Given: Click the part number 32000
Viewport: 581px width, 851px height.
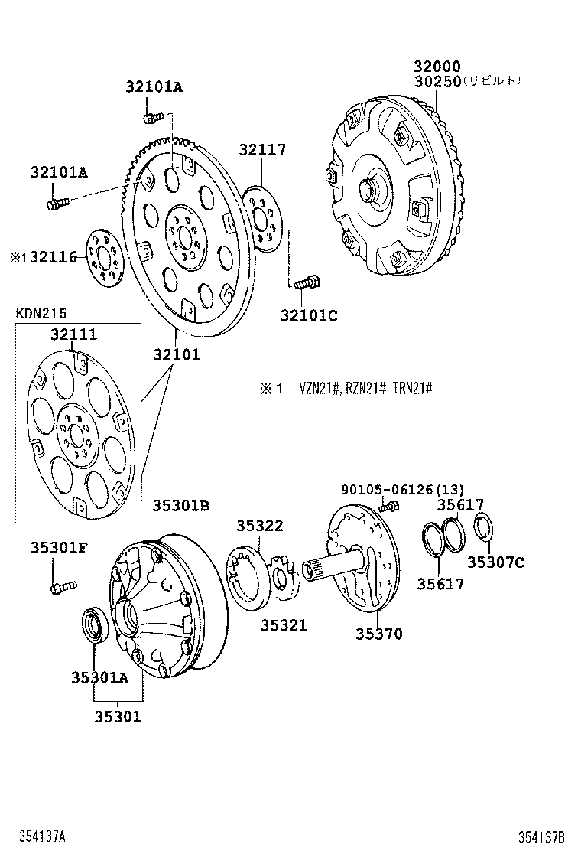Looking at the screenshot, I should (x=438, y=67).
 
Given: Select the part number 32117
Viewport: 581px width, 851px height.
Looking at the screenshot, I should (x=261, y=150).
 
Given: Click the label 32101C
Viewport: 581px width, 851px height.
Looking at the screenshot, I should (x=308, y=315).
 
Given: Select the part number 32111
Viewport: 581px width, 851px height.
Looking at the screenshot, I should (x=74, y=335).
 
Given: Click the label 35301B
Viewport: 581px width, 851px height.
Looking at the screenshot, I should (x=180, y=505).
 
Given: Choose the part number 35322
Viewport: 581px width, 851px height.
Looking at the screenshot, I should (x=259, y=526).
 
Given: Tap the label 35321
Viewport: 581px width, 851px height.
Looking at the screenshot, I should (x=283, y=625).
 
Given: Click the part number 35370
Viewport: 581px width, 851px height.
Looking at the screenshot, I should (x=378, y=634).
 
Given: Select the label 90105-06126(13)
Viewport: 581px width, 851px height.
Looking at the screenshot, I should (x=402, y=489).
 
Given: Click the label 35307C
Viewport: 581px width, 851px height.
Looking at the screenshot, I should (x=495, y=562).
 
